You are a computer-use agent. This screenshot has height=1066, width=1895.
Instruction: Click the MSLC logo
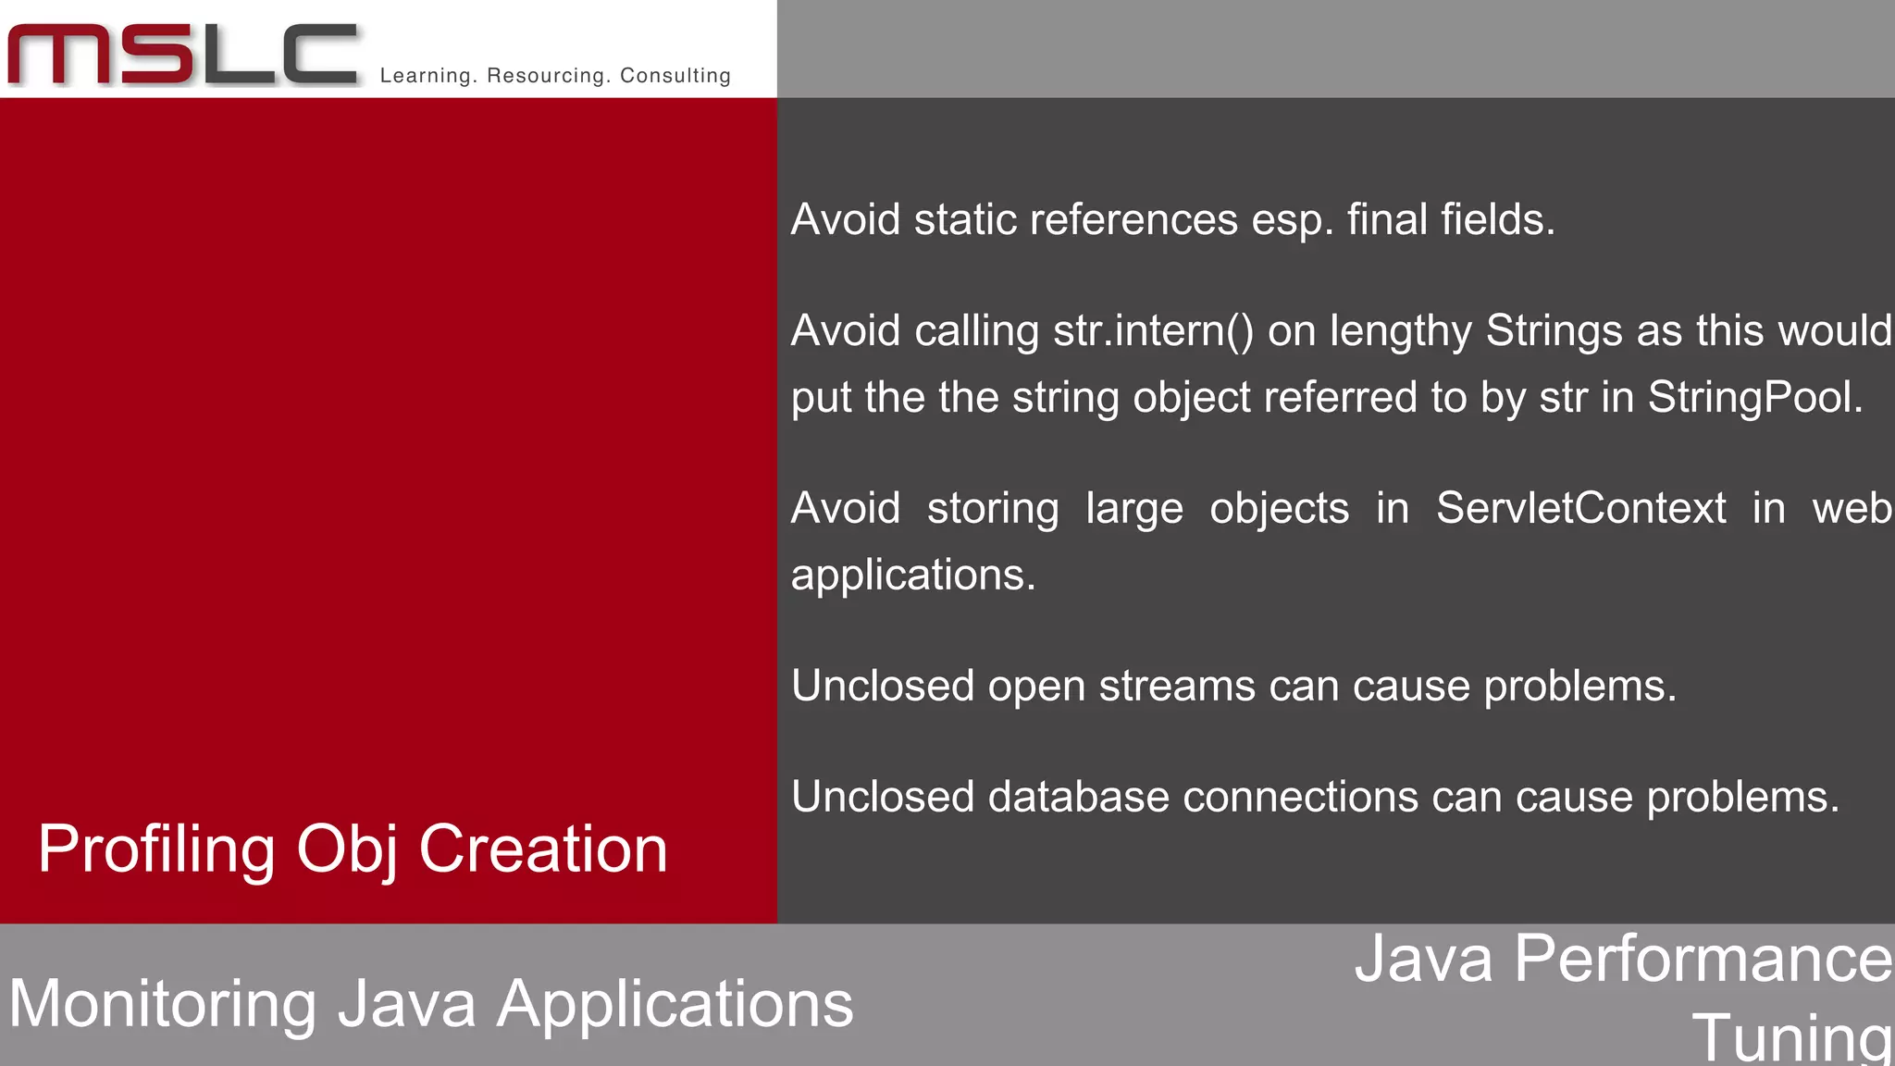(x=183, y=56)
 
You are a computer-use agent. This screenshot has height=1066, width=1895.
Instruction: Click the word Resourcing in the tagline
(x=548, y=76)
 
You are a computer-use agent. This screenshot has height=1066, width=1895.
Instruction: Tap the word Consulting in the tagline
(x=675, y=76)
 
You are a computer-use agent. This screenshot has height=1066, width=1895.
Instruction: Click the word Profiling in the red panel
(x=156, y=849)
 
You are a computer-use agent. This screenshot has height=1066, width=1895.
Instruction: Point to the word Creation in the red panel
(x=543, y=849)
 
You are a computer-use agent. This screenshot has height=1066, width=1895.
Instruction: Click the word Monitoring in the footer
(x=163, y=1005)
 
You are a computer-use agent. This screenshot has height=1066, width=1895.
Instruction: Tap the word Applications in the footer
(x=675, y=1005)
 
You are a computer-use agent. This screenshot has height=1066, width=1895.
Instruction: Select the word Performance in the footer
(x=1703, y=959)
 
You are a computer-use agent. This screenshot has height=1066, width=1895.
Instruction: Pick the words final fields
(x=1450, y=220)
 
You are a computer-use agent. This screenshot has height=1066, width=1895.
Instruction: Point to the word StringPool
(x=1754, y=398)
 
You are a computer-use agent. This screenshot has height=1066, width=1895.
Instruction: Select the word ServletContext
(x=1580, y=509)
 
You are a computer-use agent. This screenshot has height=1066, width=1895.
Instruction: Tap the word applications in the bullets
(x=912, y=576)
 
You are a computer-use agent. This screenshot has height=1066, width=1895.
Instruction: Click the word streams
(x=1177, y=687)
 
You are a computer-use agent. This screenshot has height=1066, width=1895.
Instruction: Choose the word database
(x=1078, y=798)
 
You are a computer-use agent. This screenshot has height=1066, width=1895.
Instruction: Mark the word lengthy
(x=1400, y=331)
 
